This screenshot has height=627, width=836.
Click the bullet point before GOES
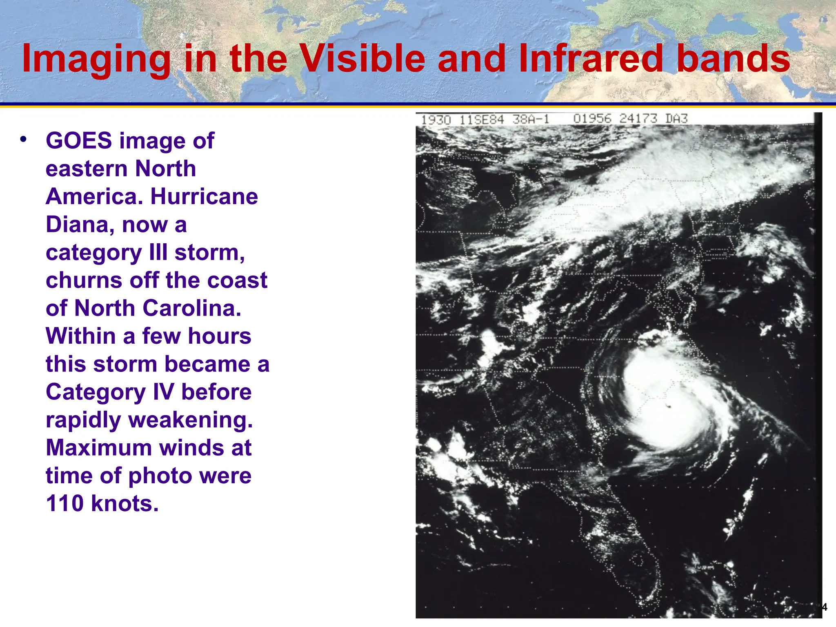pos(23,139)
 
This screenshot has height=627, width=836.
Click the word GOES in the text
pos(78,141)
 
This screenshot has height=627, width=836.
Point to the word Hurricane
pos(204,197)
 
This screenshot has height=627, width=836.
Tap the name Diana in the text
pos(78,225)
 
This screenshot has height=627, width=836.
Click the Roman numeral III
pos(158,253)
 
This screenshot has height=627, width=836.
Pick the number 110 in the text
pos(64,504)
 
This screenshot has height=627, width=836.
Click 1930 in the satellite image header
pos(436,120)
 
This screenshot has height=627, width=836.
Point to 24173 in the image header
pos(638,119)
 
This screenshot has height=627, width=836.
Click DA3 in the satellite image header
pos(676,119)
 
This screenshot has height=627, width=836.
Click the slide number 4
pos(824,607)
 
